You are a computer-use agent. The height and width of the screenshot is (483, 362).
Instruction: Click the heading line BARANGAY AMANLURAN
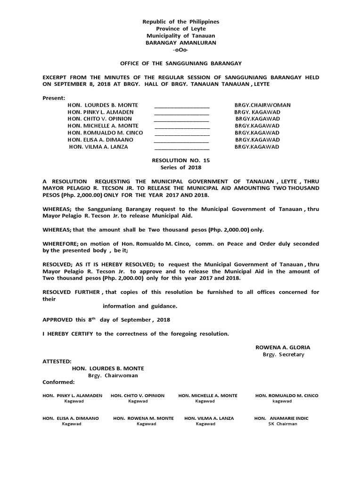tap(181, 42)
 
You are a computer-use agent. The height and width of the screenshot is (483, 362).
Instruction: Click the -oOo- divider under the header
tap(181, 50)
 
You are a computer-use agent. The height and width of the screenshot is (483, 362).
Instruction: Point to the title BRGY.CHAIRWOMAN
tap(263, 105)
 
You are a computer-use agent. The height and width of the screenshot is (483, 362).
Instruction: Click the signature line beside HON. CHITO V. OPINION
tap(182, 119)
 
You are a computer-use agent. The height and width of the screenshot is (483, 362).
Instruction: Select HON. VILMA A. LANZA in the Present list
tap(99, 147)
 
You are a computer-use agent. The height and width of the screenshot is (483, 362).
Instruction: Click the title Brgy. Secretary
tap(284, 354)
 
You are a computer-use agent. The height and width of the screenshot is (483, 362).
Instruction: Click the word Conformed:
tap(58, 382)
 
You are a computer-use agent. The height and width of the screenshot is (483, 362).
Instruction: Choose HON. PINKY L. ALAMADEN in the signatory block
tap(72, 395)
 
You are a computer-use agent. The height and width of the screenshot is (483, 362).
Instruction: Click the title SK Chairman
tap(282, 424)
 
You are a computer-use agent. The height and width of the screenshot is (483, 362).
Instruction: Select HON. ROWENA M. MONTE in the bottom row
tap(143, 418)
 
